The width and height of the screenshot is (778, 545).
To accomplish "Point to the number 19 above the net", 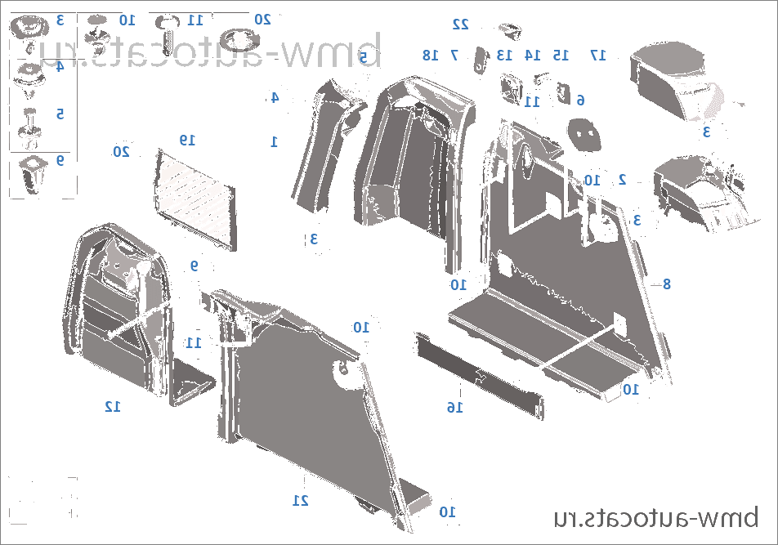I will click(x=188, y=140).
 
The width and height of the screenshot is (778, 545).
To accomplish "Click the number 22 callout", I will click(x=461, y=25).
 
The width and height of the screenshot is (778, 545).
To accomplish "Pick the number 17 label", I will click(x=598, y=56).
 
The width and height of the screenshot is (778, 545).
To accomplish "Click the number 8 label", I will click(x=667, y=284).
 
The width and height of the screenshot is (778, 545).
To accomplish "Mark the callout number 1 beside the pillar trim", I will click(x=275, y=141).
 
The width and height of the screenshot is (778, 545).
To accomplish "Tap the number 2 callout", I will click(x=622, y=178).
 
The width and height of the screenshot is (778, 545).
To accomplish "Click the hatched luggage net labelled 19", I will click(x=194, y=192).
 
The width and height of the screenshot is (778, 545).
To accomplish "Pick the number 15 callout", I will click(x=560, y=55).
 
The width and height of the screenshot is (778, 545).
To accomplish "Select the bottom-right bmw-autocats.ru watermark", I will click(x=655, y=517).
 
